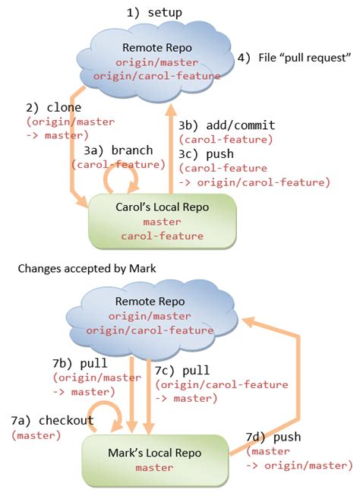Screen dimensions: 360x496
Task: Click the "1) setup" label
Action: [x=154, y=13]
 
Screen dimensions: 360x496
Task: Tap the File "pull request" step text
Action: [x=294, y=58]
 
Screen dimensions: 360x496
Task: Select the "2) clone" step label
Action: [x=53, y=108]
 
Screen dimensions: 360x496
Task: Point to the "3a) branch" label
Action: [x=118, y=150]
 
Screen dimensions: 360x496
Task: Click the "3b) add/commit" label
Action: [x=226, y=125]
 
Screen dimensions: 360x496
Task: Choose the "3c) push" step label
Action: [x=206, y=153]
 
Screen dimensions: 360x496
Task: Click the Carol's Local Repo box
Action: [x=163, y=221]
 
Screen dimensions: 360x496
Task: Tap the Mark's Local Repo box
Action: [x=155, y=460]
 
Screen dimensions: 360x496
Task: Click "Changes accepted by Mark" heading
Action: [x=87, y=269]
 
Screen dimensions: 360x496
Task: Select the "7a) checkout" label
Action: [x=52, y=420]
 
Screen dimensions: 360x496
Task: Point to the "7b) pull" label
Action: [x=80, y=363]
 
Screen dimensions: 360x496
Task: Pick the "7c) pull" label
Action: [x=182, y=370]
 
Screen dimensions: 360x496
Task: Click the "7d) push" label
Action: [x=273, y=437]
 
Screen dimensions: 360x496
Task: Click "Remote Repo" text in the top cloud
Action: [x=157, y=48]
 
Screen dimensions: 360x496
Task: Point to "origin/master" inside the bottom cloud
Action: [x=150, y=316]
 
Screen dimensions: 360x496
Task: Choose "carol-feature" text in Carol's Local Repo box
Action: [x=163, y=236]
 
